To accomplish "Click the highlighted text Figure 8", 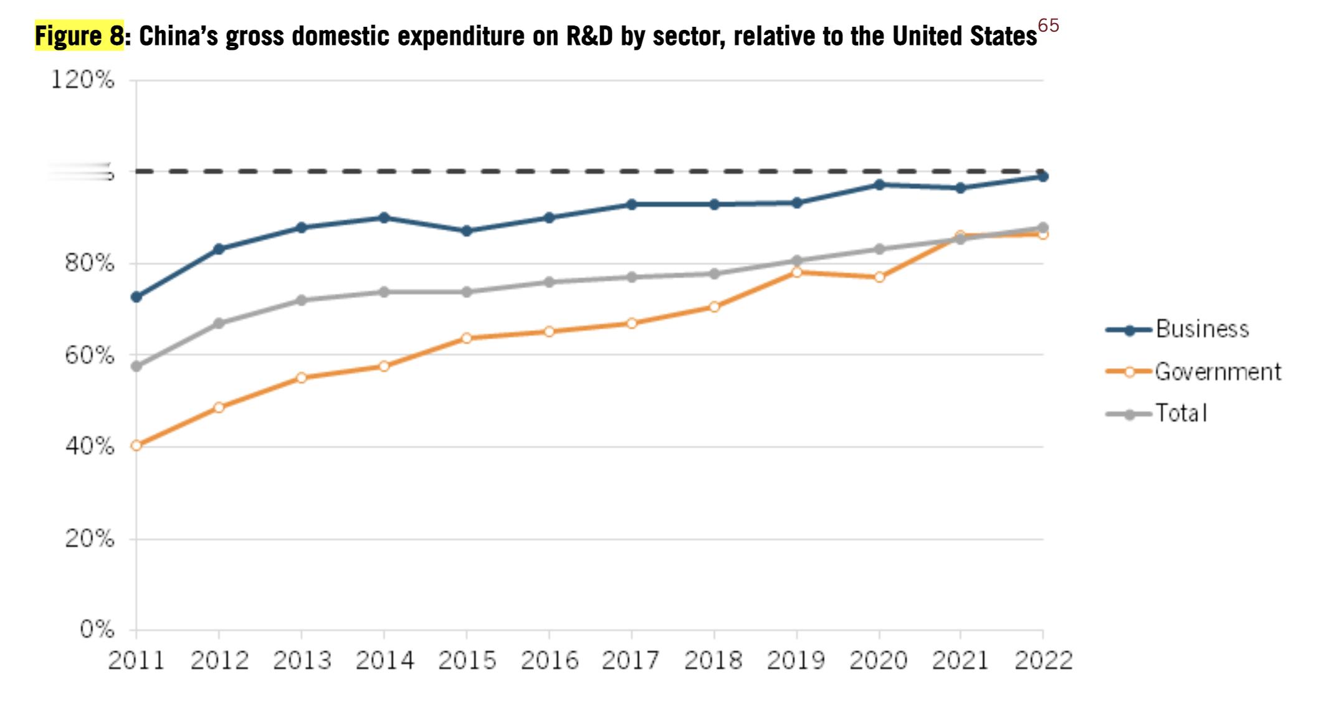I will [x=80, y=36].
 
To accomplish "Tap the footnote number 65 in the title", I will [x=1048, y=26].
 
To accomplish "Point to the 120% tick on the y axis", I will [x=82, y=80].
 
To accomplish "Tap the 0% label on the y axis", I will [x=97, y=630].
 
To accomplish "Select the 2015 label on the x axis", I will [x=467, y=661].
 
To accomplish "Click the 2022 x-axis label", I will [x=1043, y=661].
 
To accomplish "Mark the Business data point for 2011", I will [x=136, y=297].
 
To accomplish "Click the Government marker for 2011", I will [x=136, y=445].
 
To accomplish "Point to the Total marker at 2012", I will [x=219, y=323].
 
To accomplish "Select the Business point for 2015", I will [x=467, y=230].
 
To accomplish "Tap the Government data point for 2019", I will [x=796, y=272].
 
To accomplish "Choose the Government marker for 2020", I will [x=879, y=277].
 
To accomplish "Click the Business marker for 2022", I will [x=1043, y=177].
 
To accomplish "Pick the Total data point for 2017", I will [x=632, y=277].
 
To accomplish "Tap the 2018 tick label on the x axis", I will [x=713, y=661].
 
